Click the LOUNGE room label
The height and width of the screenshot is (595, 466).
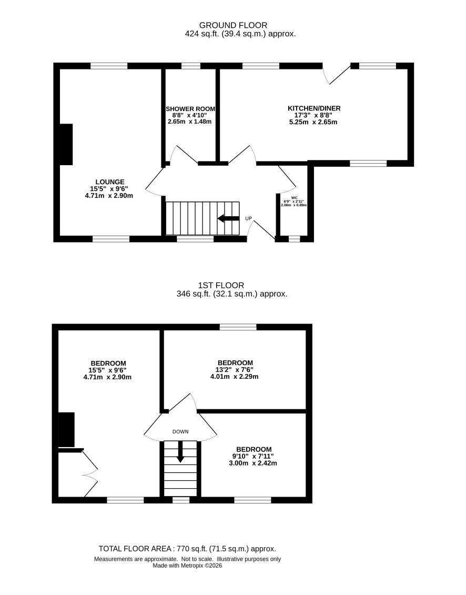click(x=110, y=182)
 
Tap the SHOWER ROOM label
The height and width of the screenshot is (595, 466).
click(x=190, y=109)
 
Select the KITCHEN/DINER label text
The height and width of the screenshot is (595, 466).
click(x=314, y=108)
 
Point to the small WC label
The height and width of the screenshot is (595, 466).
click(x=294, y=198)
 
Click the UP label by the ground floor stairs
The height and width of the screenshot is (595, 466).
click(x=249, y=218)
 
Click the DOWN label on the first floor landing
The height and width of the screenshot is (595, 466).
click(x=180, y=432)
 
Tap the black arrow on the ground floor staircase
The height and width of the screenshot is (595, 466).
click(x=228, y=218)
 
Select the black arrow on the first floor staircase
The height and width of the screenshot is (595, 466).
click(x=180, y=451)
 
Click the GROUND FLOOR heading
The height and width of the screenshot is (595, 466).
click(x=233, y=25)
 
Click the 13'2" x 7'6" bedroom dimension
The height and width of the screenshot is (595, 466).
click(x=235, y=370)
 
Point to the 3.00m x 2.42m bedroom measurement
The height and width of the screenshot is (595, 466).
click(x=253, y=463)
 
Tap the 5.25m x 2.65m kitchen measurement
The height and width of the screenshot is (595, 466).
click(x=313, y=122)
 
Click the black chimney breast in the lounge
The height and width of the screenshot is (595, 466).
click(x=66, y=144)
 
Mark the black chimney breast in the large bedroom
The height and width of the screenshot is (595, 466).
click(x=66, y=430)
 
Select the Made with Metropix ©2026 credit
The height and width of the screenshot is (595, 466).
click(x=187, y=566)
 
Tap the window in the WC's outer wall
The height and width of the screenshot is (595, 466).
click(x=294, y=239)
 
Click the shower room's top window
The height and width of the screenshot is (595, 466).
click(x=191, y=66)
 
